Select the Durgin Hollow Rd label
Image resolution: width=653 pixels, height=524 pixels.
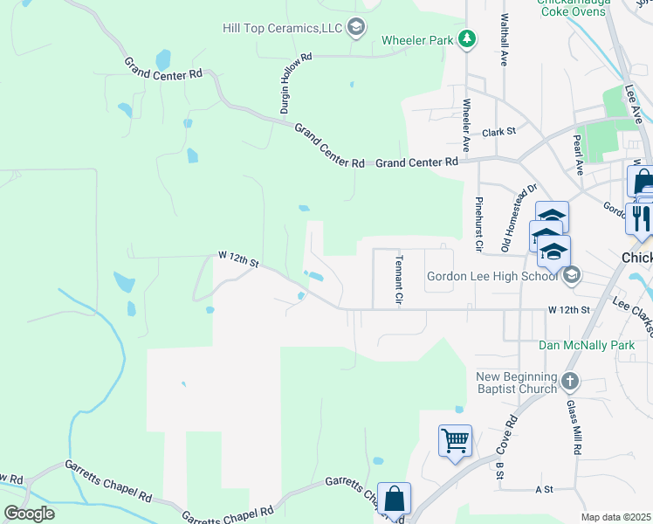[296, 84]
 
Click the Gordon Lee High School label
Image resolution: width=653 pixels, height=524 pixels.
[491, 277]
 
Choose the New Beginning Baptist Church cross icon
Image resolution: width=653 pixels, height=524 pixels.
[569, 381]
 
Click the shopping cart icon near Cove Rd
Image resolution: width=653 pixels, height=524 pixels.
[456, 440]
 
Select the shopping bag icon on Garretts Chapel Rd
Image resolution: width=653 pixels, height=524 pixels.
[394, 499]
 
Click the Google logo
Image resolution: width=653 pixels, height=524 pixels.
[30, 513]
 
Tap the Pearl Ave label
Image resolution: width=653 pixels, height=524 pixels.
[578, 149]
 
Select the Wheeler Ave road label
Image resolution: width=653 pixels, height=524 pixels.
[467, 121]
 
